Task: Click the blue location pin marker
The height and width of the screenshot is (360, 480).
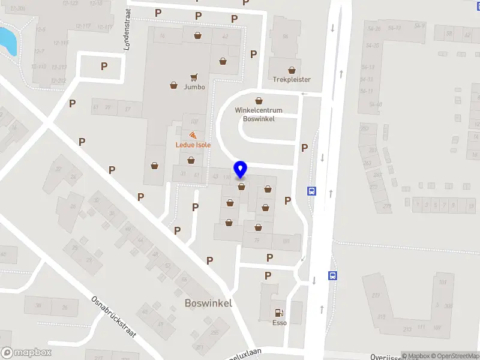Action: [x=241, y=170]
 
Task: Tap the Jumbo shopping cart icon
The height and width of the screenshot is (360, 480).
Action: [x=194, y=77]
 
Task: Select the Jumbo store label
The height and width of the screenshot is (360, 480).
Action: [x=194, y=87]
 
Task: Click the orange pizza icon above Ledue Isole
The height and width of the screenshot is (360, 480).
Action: [x=193, y=136]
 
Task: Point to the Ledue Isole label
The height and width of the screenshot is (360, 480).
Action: [x=193, y=145]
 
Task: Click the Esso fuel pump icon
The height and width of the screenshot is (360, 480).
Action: [x=278, y=312]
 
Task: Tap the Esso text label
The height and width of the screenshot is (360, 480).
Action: [x=279, y=323]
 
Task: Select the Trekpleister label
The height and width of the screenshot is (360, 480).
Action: [x=292, y=79]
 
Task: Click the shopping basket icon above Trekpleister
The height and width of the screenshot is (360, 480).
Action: [x=292, y=70]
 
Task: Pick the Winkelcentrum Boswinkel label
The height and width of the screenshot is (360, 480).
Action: [x=259, y=115]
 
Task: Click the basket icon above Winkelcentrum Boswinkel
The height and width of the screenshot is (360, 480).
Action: [x=259, y=101]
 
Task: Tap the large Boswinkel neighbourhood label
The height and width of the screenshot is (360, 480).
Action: [x=209, y=304]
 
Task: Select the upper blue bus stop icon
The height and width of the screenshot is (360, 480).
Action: [x=312, y=191]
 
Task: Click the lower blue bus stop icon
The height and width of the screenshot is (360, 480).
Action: [x=332, y=276]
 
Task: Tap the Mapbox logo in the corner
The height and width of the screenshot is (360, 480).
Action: [x=26, y=353]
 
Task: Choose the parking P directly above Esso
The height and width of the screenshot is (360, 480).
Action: [x=268, y=275]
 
